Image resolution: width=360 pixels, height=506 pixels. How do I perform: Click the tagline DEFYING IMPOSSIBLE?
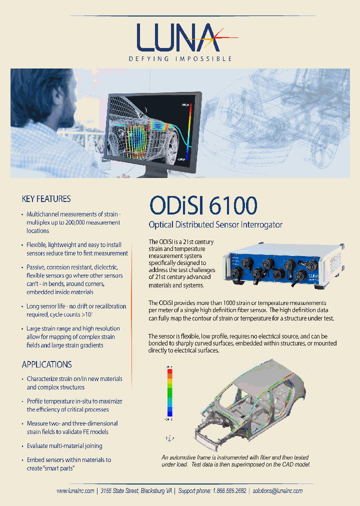pyautogui.click(x=180, y=58)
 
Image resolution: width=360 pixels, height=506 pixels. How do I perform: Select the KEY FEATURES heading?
pyautogui.click(x=46, y=199)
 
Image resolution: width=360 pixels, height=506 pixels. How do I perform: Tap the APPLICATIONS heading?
pyautogui.click(x=46, y=364)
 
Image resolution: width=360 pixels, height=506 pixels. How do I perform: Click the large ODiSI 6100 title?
pyautogui.click(x=203, y=205)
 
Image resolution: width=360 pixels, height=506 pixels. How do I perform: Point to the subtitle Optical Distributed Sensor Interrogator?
pyautogui.click(x=215, y=225)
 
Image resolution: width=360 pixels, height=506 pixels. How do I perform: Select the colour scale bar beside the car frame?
pyautogui.click(x=170, y=392)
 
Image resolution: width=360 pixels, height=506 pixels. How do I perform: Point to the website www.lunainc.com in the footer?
pyautogui.click(x=75, y=491)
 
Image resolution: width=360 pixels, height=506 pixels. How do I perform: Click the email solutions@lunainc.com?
pyautogui.click(x=277, y=491)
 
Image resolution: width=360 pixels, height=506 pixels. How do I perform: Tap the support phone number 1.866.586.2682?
pyautogui.click(x=229, y=491)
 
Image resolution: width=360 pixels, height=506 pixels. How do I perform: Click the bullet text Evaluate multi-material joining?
pyautogui.click(x=64, y=446)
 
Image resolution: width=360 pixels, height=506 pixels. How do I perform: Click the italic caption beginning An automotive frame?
pyautogui.click(x=235, y=461)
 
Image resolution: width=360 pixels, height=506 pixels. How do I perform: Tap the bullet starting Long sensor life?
pyautogui.click(x=76, y=310)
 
